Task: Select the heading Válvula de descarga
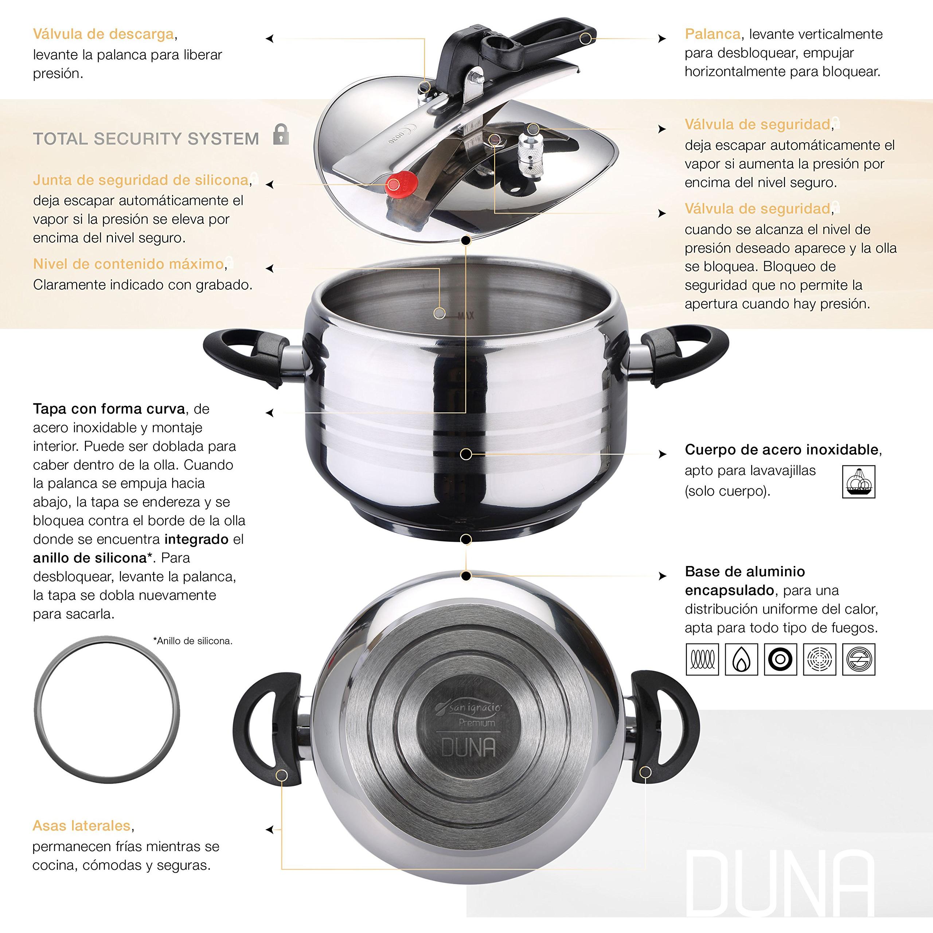point(104,34)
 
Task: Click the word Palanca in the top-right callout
point(712,34)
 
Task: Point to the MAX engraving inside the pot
point(466,316)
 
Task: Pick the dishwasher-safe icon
point(858,481)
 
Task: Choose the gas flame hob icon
point(741,659)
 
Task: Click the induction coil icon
point(702,659)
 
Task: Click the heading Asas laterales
point(82,826)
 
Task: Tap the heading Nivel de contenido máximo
point(128,264)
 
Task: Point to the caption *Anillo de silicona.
point(193,641)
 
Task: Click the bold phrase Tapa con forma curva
point(109,409)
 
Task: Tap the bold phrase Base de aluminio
point(745,572)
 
